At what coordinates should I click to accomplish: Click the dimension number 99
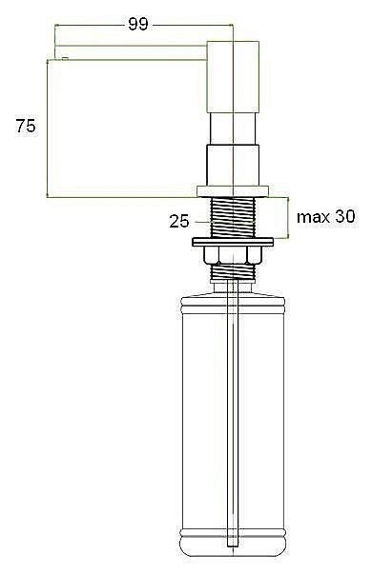[x=137, y=24]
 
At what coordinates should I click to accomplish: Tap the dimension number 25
[x=179, y=221]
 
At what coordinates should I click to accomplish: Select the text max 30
[x=325, y=217]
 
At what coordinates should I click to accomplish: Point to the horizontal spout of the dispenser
[x=129, y=48]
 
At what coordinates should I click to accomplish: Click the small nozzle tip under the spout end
[x=63, y=58]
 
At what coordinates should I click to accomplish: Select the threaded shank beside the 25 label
[x=232, y=217]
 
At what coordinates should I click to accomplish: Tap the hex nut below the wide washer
[x=232, y=254]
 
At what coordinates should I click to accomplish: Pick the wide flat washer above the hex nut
[x=232, y=239]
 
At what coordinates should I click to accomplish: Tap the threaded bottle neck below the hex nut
[x=232, y=271]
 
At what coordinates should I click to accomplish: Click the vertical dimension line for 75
[x=47, y=129]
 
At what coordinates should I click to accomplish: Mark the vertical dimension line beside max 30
[x=287, y=218]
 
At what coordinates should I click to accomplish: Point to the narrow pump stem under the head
[x=232, y=124]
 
